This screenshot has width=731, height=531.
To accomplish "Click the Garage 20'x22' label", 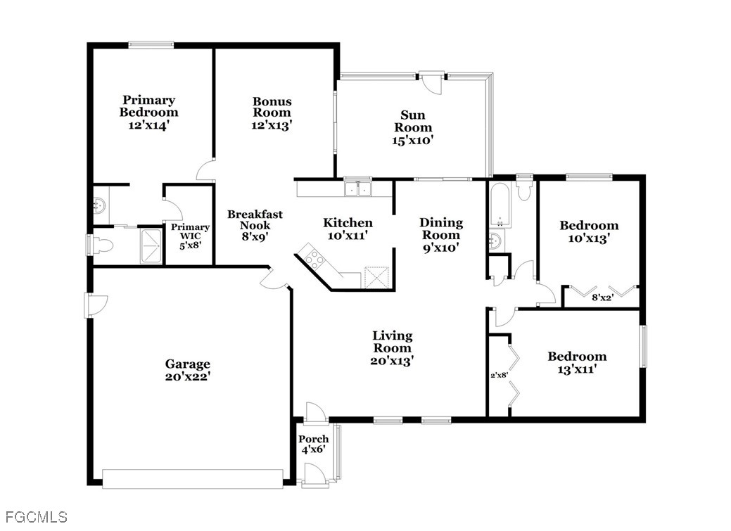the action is (x=187, y=370).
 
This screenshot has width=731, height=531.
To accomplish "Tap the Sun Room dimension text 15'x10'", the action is (x=413, y=140).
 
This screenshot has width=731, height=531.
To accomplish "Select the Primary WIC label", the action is (x=190, y=231).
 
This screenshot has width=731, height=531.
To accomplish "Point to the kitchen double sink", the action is (x=357, y=189).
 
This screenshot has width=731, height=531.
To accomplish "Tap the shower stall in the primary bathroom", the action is (x=151, y=245).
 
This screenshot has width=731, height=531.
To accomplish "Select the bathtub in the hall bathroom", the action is (x=499, y=204).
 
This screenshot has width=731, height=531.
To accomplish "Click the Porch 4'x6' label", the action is (x=313, y=444).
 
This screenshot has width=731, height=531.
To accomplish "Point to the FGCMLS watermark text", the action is (x=37, y=516).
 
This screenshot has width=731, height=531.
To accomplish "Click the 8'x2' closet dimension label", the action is (x=602, y=297).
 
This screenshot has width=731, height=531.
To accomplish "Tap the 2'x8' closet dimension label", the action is (x=499, y=374).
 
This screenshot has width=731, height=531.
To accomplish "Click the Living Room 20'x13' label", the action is (x=392, y=347).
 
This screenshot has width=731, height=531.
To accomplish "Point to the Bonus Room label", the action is (x=272, y=107).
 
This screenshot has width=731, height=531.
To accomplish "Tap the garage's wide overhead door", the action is (x=193, y=479).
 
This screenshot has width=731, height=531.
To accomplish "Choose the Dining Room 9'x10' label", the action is (x=441, y=235).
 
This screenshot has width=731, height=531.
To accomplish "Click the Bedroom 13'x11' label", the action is (x=577, y=363).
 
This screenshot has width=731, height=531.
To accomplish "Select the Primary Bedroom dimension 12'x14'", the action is (x=148, y=125).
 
